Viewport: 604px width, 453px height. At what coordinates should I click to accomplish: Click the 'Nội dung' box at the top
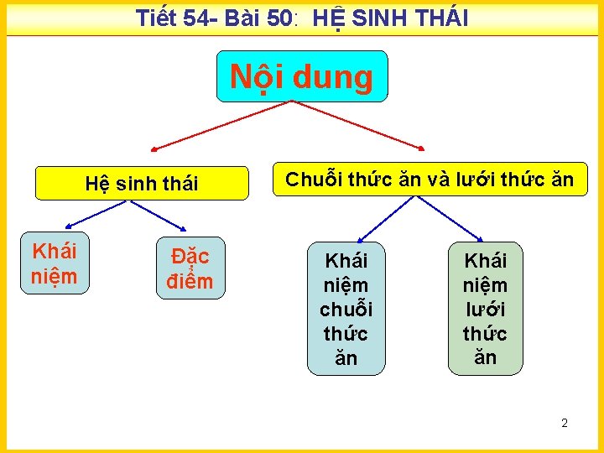(302, 76)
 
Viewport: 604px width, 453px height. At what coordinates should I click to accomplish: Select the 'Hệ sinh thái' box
(142, 184)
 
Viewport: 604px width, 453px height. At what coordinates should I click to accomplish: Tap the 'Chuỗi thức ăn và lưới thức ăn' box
(430, 180)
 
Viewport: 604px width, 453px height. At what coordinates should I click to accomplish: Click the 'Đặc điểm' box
(190, 268)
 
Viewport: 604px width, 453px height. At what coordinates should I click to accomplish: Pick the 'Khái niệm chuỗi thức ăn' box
(346, 308)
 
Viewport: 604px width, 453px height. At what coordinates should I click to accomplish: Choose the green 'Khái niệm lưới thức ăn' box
(485, 308)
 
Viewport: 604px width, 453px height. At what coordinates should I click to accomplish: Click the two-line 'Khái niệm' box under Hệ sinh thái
(55, 263)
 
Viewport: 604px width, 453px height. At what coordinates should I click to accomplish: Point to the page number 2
(565, 423)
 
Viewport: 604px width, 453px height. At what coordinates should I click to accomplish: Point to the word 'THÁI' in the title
(441, 18)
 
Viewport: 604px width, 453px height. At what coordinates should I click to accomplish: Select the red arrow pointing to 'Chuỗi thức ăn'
(361, 126)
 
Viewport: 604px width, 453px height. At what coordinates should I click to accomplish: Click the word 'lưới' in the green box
(485, 309)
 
